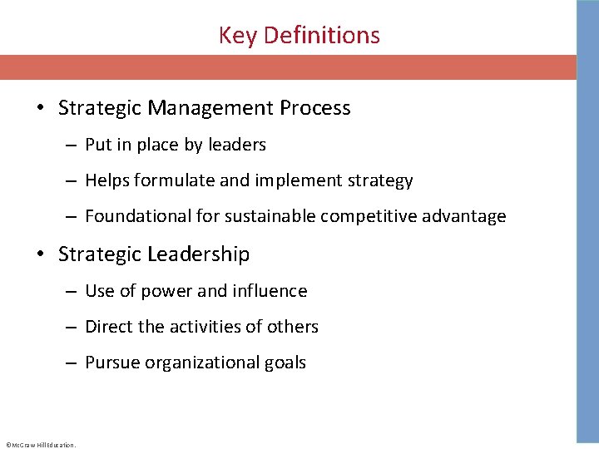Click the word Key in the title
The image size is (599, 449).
pyautogui.click(x=235, y=36)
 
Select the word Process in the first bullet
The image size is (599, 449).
pyautogui.click(x=315, y=108)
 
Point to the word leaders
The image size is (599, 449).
pyautogui.click(x=237, y=145)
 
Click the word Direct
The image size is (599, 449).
pyautogui.click(x=109, y=327)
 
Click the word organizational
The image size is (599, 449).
pyautogui.click(x=205, y=363)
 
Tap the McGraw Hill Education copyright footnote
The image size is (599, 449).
pyautogui.click(x=40, y=444)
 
